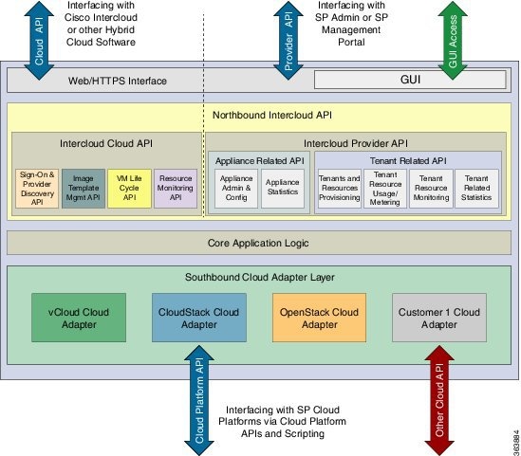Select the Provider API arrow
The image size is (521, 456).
pyautogui.click(x=288, y=38)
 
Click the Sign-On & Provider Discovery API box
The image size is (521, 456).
pyautogui.click(x=37, y=189)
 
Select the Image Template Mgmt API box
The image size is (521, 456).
pyautogui.click(x=84, y=189)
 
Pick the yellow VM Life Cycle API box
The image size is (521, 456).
pyautogui.click(x=129, y=189)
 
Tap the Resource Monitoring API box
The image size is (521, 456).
pyautogui.click(x=175, y=189)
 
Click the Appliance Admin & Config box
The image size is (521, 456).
pyautogui.click(x=236, y=189)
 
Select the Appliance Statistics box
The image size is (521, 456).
pyautogui.click(x=283, y=189)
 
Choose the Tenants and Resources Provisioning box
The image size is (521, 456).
pyautogui.click(x=339, y=189)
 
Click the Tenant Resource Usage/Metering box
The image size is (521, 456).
pyautogui.click(x=385, y=189)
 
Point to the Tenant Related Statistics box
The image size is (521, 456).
pyautogui.click(x=477, y=189)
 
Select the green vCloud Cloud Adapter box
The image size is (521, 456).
pyautogui.click(x=79, y=318)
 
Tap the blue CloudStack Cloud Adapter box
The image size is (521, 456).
pyautogui.click(x=199, y=318)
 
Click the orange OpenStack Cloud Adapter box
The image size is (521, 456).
pyautogui.click(x=319, y=318)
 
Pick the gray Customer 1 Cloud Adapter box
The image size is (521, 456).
pyautogui.click(x=438, y=318)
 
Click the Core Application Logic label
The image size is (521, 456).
pyautogui.click(x=259, y=244)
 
